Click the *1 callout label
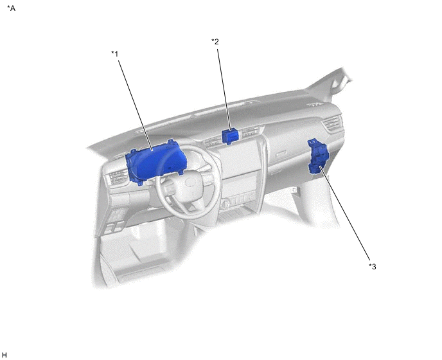[115, 53]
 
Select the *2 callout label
[215, 42]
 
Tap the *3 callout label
[373, 267]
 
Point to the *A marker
[12, 8]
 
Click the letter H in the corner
[4, 355]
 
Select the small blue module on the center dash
[230, 136]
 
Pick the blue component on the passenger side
[319, 156]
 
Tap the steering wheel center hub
[188, 187]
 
